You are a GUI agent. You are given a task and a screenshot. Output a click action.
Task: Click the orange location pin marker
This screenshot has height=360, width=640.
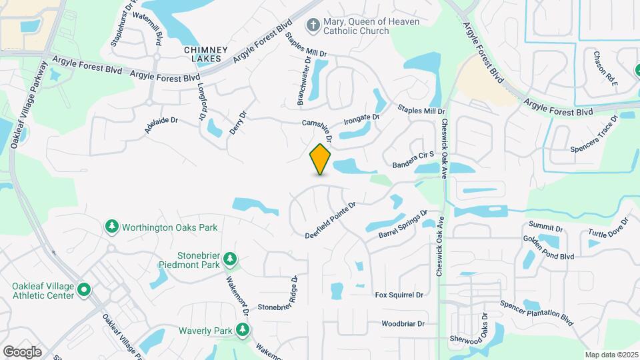[320, 159]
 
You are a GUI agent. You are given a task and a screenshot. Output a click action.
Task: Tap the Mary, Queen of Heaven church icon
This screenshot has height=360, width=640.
[311, 26]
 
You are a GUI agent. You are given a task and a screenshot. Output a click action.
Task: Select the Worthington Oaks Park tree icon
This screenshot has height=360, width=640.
[112, 227]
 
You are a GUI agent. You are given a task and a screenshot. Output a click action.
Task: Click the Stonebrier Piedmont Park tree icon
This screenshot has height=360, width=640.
[230, 258]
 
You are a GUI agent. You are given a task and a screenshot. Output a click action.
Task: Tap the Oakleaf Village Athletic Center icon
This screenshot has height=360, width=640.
[83, 290]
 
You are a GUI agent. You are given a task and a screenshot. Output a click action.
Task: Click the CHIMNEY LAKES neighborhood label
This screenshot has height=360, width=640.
[206, 55]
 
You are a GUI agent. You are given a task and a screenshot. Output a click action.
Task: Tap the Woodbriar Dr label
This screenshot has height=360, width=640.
[403, 325]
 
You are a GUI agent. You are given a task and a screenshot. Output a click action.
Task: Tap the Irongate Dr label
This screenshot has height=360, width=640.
[361, 121]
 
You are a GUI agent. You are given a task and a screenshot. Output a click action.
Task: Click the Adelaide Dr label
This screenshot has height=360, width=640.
[161, 125]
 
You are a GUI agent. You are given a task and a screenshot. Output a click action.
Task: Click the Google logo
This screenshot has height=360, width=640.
[22, 351]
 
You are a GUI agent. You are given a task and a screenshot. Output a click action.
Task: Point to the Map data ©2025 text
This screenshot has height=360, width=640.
[611, 354]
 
